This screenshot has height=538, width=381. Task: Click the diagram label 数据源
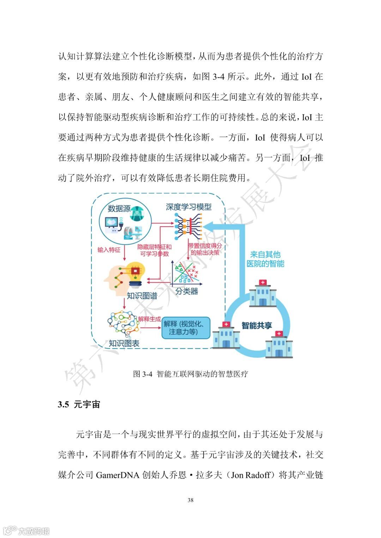pyautogui.click(x=119, y=209)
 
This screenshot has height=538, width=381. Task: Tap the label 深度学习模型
pyautogui.click(x=189, y=207)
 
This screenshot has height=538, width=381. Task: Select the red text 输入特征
pyautogui.click(x=109, y=250)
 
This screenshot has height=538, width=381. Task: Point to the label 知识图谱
pyautogui.click(x=142, y=296)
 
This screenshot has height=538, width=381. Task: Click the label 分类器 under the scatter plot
pyautogui.click(x=187, y=291)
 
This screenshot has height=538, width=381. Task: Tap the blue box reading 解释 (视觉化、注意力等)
pyautogui.click(x=186, y=328)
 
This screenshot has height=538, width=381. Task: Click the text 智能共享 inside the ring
pyautogui.click(x=256, y=326)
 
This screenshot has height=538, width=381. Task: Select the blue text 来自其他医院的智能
pyautogui.click(x=265, y=259)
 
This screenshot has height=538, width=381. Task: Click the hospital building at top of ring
pyautogui.click(x=262, y=294)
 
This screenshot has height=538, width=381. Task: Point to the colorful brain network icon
pyautogui.click(x=123, y=323)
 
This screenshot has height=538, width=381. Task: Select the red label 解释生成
pyautogui.click(x=150, y=319)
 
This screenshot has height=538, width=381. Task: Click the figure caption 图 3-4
pyautogui.click(x=190, y=374)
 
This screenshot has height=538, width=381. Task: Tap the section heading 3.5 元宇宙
pyautogui.click(x=79, y=404)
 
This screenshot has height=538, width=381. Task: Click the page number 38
pyautogui.click(x=190, y=500)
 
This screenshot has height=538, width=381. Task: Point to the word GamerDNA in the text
pyautogui.click(x=117, y=475)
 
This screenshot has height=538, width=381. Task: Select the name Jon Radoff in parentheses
pyautogui.click(x=250, y=475)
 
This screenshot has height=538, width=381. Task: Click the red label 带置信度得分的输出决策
pyautogui.click(x=205, y=249)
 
